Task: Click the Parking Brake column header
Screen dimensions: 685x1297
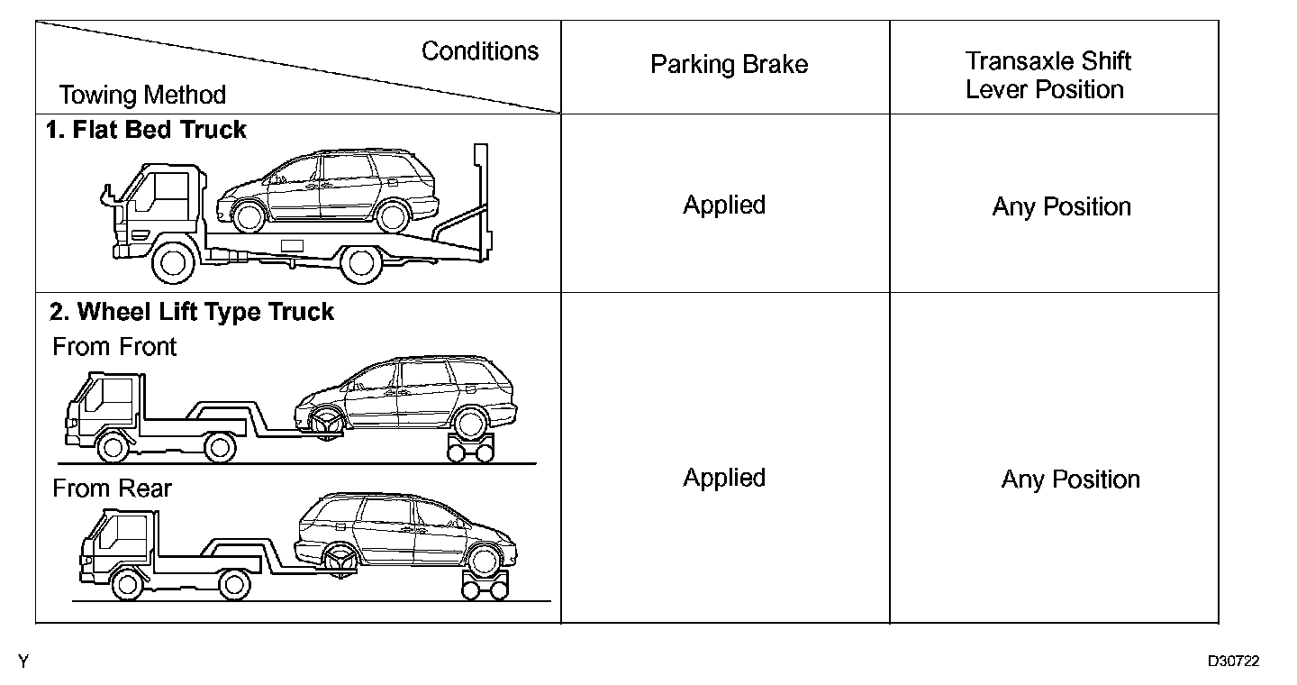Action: click(x=729, y=65)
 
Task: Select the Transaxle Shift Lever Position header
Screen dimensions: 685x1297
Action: click(x=1048, y=76)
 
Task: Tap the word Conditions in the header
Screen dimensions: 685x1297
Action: click(x=480, y=50)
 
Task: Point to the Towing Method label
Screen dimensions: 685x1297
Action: click(x=142, y=95)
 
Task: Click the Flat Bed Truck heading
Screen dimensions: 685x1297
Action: click(x=146, y=130)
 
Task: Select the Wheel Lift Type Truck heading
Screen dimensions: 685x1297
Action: click(x=192, y=312)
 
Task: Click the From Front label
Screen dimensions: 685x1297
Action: click(x=114, y=347)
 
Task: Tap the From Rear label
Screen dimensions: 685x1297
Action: click(x=112, y=489)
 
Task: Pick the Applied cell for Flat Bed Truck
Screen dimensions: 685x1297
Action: click(x=724, y=205)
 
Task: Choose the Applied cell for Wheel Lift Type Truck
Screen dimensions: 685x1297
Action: click(x=724, y=478)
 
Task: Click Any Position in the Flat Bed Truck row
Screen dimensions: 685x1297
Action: click(x=1061, y=206)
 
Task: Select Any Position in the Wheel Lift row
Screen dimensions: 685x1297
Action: click(x=1070, y=479)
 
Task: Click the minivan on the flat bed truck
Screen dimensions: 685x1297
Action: click(x=326, y=190)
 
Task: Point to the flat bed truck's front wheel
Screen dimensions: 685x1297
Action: click(x=173, y=262)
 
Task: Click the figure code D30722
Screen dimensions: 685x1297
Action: click(x=1233, y=662)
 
